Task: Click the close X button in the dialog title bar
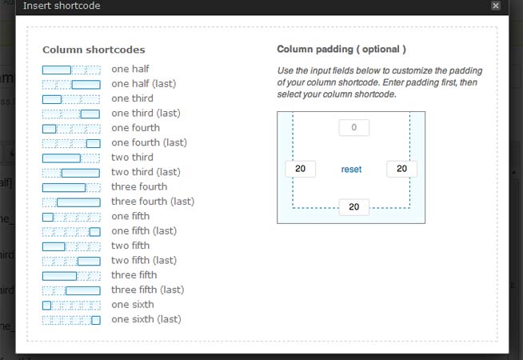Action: [x=496, y=6]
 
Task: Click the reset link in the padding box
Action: [x=351, y=169]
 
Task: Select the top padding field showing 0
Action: [x=353, y=127]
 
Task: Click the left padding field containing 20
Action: [x=300, y=169]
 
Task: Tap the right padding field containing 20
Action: [x=401, y=169]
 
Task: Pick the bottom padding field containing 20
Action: [x=353, y=207]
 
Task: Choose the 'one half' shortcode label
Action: [x=130, y=69]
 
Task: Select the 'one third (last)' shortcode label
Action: [x=149, y=113]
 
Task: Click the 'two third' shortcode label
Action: [x=132, y=158]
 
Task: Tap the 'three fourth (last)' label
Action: [x=153, y=202]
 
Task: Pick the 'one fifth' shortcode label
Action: [x=130, y=216]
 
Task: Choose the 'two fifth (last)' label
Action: [x=144, y=260]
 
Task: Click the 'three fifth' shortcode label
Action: [x=134, y=275]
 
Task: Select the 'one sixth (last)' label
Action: [x=146, y=319]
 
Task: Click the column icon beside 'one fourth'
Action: [x=71, y=128]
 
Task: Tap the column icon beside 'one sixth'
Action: [x=71, y=305]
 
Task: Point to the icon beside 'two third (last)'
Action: [x=71, y=173]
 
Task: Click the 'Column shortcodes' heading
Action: [x=94, y=50]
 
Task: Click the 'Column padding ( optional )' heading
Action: [x=341, y=50]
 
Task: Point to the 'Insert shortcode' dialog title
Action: [x=62, y=6]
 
